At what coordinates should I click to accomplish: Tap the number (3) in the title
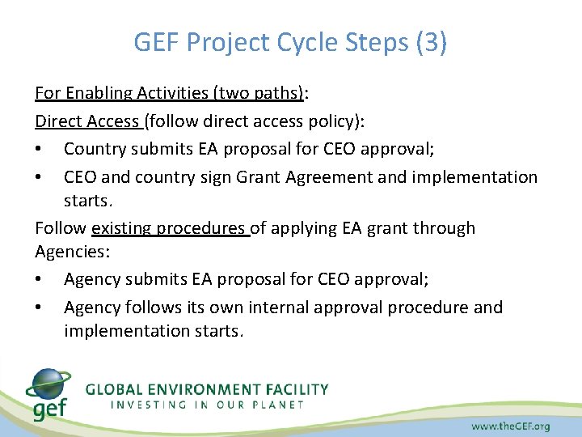[431, 42]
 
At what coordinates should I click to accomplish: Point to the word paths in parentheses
[275, 92]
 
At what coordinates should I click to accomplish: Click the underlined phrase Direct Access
[86, 121]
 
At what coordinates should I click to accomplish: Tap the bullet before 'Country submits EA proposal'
[40, 150]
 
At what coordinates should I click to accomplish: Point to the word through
[443, 229]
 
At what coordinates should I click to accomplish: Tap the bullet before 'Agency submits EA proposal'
[40, 280]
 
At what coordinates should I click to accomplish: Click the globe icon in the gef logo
[47, 384]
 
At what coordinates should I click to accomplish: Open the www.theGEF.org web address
[511, 425]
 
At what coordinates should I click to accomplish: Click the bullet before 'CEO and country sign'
[40, 177]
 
